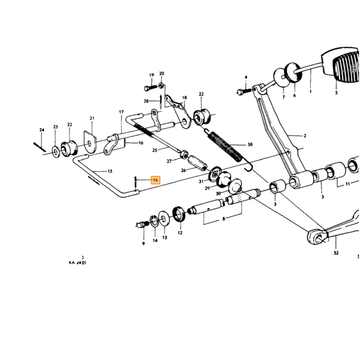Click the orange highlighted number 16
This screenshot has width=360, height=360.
(155, 180)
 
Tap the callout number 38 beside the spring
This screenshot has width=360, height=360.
(250, 145)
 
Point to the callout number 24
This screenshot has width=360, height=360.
(42, 130)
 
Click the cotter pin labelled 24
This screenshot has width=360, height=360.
(40, 147)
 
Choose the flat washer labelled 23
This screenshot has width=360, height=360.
(56, 152)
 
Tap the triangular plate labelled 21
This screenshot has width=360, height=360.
(89, 142)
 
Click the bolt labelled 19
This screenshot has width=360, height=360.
(150, 88)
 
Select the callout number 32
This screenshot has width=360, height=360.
(336, 253)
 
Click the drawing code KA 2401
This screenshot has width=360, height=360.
(78, 263)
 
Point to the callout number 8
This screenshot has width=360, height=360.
(224, 219)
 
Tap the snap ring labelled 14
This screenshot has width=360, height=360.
(154, 221)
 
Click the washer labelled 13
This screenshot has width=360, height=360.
(164, 218)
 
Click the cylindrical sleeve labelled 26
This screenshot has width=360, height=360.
(197, 164)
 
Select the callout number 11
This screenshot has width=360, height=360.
(348, 184)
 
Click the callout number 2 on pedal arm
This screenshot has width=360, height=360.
(305, 136)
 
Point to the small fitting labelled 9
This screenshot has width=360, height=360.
(141, 224)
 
